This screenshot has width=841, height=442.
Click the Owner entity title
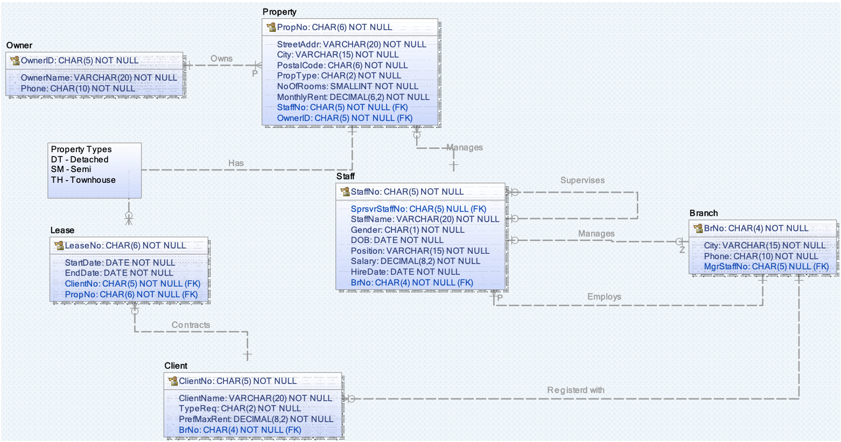[x=19, y=45]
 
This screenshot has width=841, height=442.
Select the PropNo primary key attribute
[x=334, y=27]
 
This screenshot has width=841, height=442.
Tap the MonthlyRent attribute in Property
[x=353, y=97]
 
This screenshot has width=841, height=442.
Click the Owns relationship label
[x=221, y=59]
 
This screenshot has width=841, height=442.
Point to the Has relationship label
[x=236, y=163]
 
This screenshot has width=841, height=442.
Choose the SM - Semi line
[x=71, y=169]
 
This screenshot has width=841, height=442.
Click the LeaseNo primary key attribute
[x=125, y=245]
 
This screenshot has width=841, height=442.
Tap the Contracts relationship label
[x=191, y=325]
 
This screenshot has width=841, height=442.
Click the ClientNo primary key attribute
[x=237, y=381]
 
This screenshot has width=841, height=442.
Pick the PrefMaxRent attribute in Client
[x=256, y=419]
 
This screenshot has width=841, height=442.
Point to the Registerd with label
[x=576, y=390]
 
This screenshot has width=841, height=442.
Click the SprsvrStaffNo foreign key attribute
[x=418, y=209]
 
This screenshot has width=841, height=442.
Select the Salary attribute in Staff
[x=415, y=261]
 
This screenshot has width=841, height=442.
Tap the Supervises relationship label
[x=582, y=180]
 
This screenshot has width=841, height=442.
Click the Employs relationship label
[x=604, y=297]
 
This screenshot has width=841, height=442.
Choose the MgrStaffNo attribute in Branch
[x=766, y=267]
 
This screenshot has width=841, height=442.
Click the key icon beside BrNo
[x=698, y=228]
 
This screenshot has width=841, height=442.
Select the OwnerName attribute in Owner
[x=99, y=77]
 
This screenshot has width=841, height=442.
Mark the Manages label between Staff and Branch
[x=596, y=233]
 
